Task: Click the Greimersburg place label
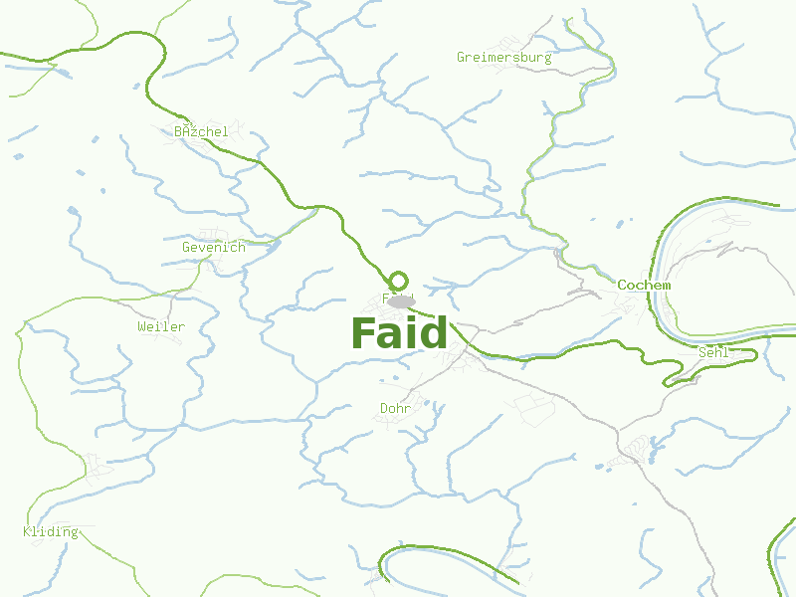(x=503, y=57)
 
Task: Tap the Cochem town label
(x=644, y=285)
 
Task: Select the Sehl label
(x=714, y=352)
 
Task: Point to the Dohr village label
(x=396, y=408)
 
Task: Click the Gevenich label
(x=213, y=247)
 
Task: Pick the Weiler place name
(x=161, y=326)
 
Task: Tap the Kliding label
(x=50, y=531)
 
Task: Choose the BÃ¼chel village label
(x=201, y=131)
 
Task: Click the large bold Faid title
(x=399, y=332)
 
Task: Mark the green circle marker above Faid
(x=399, y=282)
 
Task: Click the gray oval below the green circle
(x=401, y=301)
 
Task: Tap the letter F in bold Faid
(x=363, y=332)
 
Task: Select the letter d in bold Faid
(x=433, y=332)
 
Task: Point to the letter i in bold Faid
(x=409, y=332)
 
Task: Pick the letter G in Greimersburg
(x=462, y=57)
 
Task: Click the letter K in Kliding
(x=27, y=531)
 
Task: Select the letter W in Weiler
(x=142, y=326)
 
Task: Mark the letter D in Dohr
(x=384, y=408)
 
